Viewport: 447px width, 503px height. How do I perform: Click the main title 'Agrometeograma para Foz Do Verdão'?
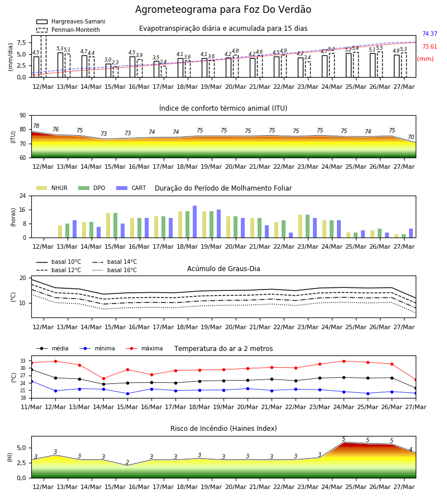tap(223, 10)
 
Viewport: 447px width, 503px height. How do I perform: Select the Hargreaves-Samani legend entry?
tap(70, 21)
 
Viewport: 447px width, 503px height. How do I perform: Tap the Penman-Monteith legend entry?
tap(68, 30)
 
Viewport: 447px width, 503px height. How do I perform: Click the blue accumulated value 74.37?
tap(430, 34)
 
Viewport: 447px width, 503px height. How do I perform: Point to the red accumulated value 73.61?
tap(430, 46)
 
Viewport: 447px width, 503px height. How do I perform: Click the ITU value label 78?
tap(36, 126)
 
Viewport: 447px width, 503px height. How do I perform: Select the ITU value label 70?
tap(411, 137)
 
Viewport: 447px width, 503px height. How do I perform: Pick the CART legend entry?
tap(131, 188)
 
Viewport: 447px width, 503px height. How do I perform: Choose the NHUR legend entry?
tap(52, 188)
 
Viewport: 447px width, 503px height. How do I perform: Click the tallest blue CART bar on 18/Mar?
tap(194, 222)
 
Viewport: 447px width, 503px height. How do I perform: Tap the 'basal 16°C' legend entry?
tap(115, 270)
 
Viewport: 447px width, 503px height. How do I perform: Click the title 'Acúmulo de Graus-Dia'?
tap(223, 268)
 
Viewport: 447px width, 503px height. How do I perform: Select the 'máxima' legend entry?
tap(144, 348)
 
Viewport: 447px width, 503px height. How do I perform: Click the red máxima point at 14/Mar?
tap(103, 379)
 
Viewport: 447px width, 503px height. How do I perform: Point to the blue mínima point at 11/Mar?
tap(31, 381)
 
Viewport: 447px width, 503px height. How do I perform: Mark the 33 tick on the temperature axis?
tap(23, 361)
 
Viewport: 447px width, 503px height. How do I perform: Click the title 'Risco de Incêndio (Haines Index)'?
tap(223, 429)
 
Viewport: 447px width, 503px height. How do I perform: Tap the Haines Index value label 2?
tap(127, 462)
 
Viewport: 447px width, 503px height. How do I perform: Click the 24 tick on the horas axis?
tap(23, 196)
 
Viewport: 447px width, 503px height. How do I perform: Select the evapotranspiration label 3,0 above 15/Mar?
tap(108, 60)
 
